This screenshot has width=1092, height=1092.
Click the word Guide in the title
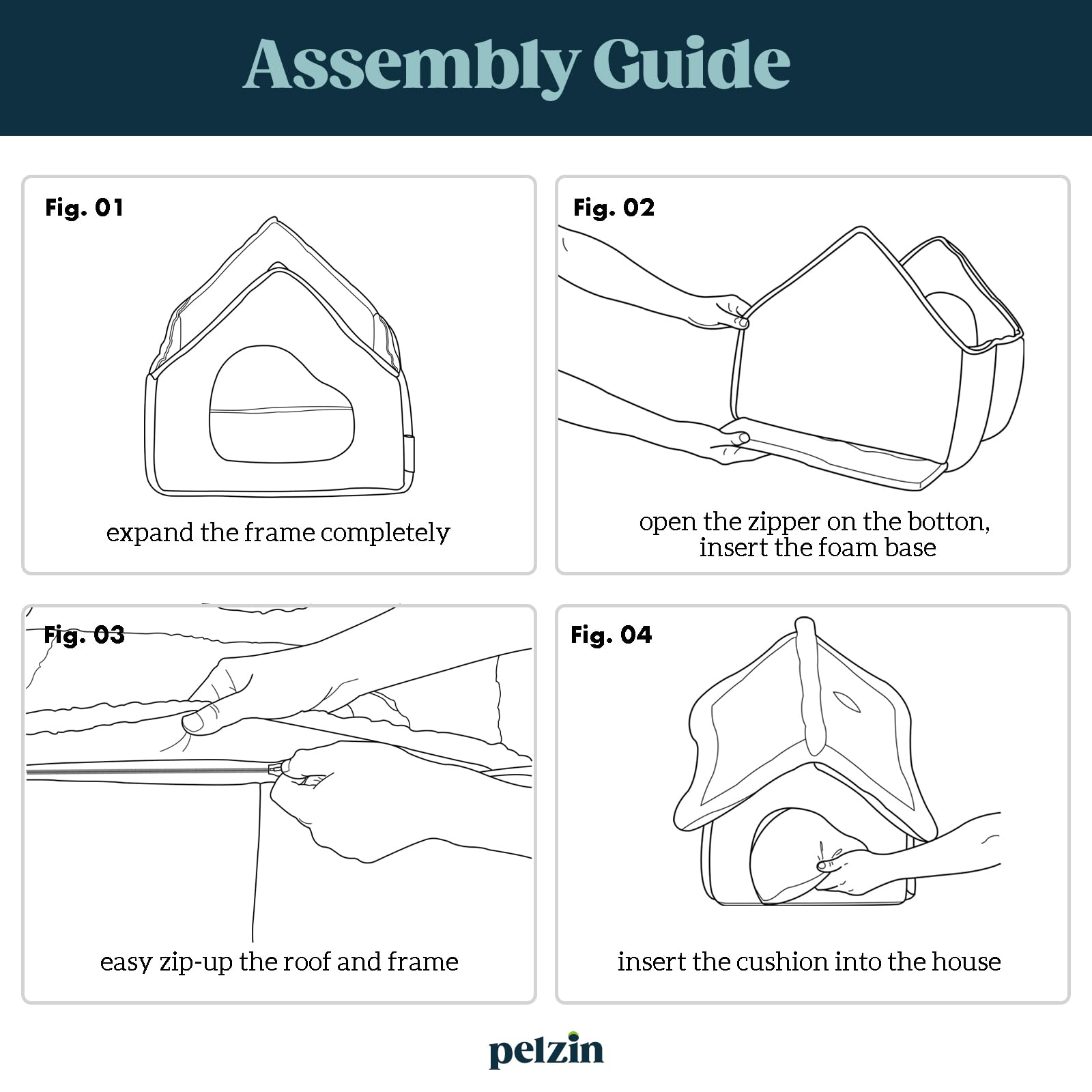coord(692,63)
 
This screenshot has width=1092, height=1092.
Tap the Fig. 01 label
coord(85,207)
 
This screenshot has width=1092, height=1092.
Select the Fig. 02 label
coord(614,207)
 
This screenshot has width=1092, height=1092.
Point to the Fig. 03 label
coord(84,635)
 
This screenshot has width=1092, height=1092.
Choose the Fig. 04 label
coord(611,635)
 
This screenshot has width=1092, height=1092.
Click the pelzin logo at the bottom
coord(546,1050)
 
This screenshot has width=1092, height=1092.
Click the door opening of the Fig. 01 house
coord(281,404)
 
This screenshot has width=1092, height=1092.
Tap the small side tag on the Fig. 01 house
coord(409,452)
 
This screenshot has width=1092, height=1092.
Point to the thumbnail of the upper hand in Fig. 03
coord(193,722)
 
